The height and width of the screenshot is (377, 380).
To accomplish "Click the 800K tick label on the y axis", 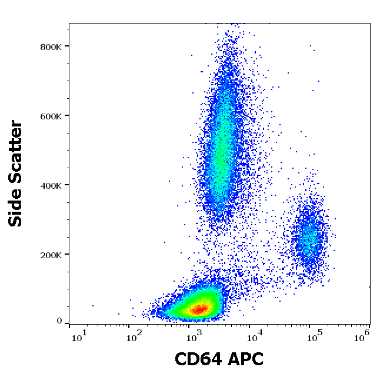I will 51,46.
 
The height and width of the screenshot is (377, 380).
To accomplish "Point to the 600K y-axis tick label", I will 51,116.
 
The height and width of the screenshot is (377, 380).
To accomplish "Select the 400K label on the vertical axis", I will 51,185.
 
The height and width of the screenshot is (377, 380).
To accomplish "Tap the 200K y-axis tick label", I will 51,255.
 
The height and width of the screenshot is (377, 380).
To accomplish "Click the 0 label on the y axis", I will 59,321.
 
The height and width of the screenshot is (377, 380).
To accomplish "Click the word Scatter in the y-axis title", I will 16,149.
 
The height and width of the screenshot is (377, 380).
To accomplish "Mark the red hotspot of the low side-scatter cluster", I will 199,308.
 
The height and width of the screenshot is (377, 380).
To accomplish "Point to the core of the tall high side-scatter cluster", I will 221,159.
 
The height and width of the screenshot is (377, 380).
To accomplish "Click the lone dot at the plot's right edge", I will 369,286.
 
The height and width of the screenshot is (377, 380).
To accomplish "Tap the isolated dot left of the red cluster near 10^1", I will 92,306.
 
